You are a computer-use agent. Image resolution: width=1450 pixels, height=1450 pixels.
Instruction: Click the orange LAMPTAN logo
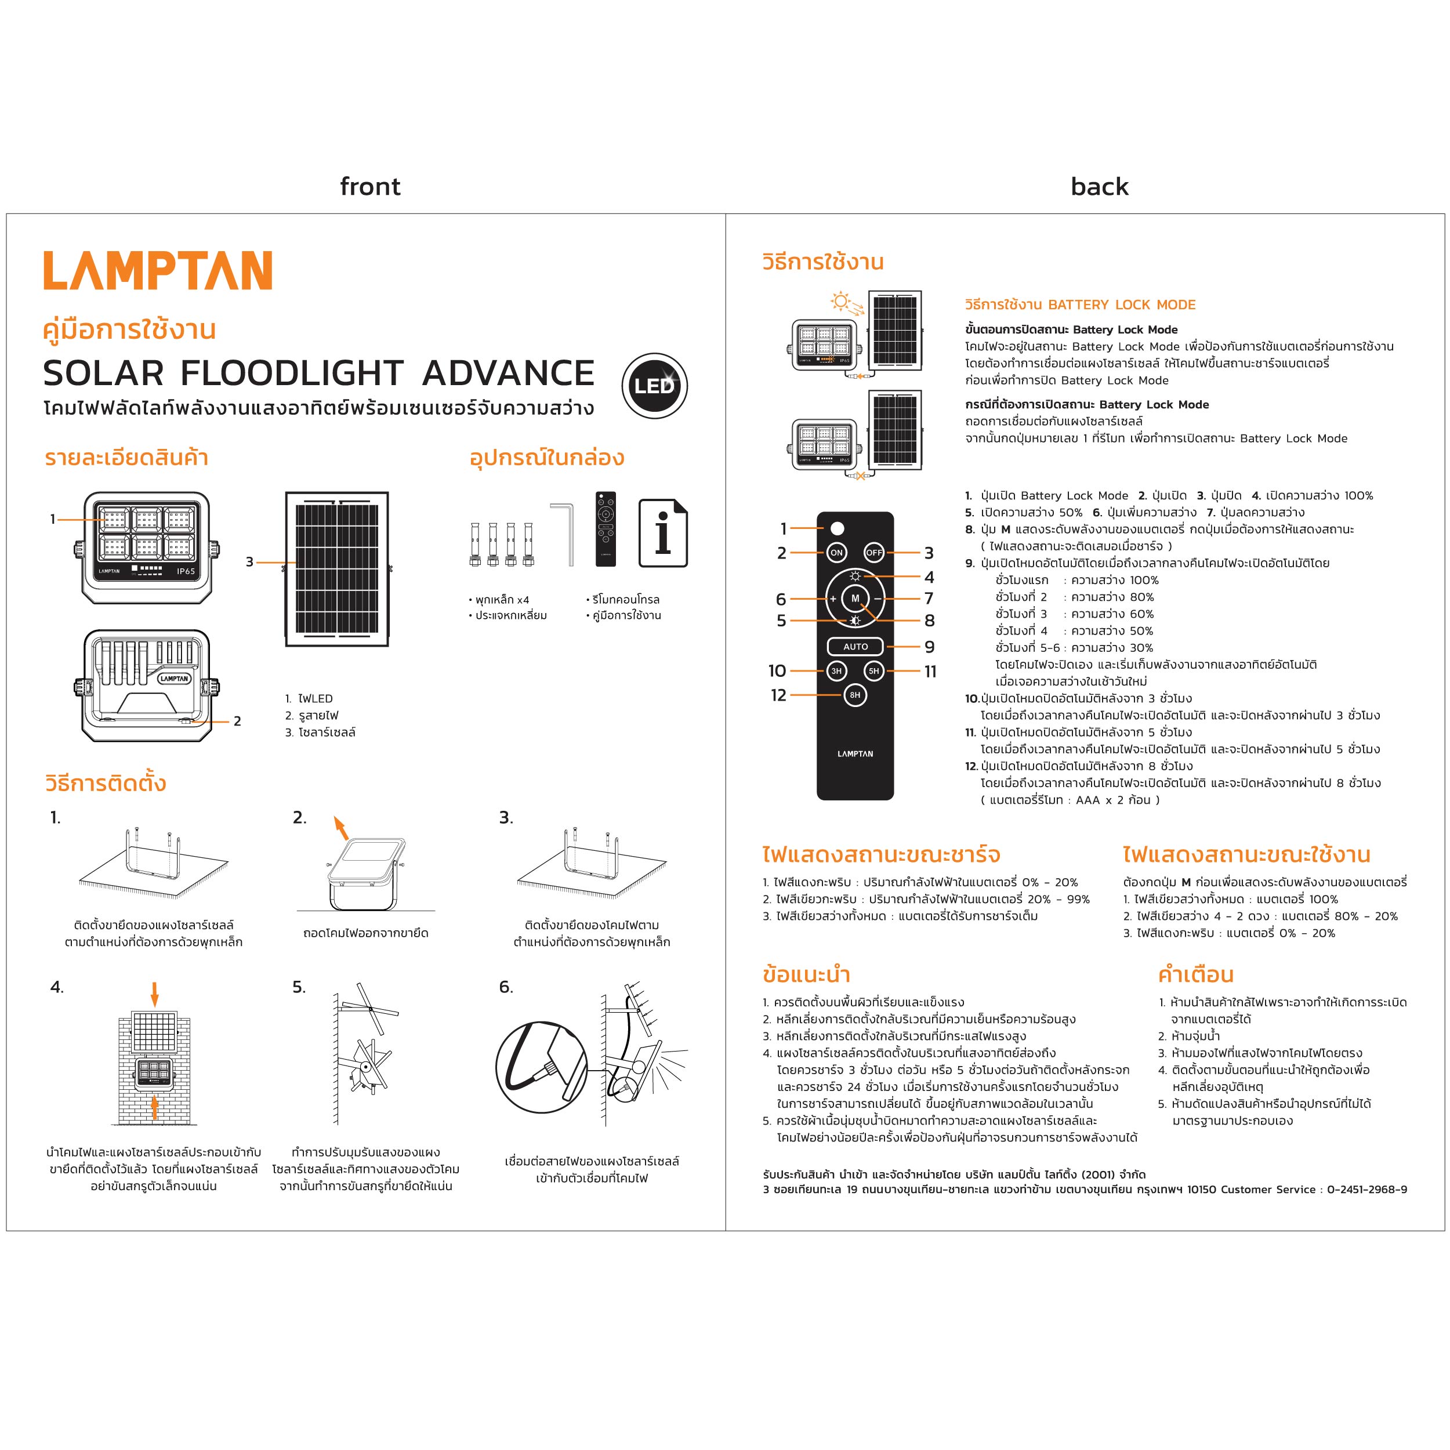pyautogui.click(x=158, y=271)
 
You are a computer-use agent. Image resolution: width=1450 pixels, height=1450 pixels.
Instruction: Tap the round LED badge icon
pyautogui.click(x=654, y=386)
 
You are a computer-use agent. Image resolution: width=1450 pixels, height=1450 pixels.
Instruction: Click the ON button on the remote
pyautogui.click(x=836, y=552)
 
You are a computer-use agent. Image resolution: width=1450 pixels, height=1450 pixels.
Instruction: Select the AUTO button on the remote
pyautogui.click(x=855, y=646)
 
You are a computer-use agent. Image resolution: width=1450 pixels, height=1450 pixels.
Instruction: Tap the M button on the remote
pyautogui.click(x=855, y=598)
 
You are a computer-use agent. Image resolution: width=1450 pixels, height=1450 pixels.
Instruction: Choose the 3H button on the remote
pyautogui.click(x=836, y=671)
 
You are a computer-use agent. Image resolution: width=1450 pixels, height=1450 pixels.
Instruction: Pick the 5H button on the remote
pyautogui.click(x=873, y=671)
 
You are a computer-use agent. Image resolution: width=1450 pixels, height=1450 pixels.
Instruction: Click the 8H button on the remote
pyautogui.click(x=855, y=695)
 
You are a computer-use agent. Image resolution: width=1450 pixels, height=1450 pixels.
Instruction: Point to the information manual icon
pyautogui.click(x=663, y=533)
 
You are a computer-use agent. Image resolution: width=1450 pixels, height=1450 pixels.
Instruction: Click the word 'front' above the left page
pyautogui.click(x=370, y=186)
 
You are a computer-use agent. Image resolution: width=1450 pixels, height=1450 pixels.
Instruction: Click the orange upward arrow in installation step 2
pyautogui.click(x=340, y=827)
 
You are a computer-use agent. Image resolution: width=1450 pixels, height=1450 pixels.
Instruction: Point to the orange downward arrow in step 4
pyautogui.click(x=155, y=995)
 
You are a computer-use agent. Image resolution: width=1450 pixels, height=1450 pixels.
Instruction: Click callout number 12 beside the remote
pyautogui.click(x=778, y=695)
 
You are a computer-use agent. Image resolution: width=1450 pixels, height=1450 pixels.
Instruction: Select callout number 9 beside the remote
pyautogui.click(x=929, y=647)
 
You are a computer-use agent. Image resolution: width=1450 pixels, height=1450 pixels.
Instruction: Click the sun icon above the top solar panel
pyautogui.click(x=840, y=302)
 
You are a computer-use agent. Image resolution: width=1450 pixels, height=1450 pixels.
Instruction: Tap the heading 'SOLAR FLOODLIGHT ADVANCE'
pyautogui.click(x=319, y=373)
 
